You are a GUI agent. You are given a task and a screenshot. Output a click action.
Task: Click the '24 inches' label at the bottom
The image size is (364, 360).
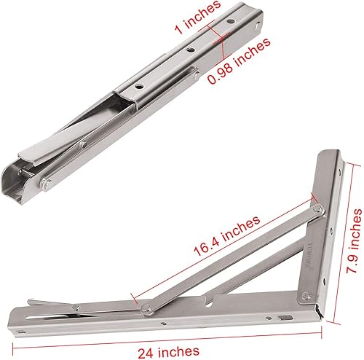178,350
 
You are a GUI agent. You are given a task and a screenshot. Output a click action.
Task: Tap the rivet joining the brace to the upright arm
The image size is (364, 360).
317,211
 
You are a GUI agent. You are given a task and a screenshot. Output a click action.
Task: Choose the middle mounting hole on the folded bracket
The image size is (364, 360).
189,50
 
